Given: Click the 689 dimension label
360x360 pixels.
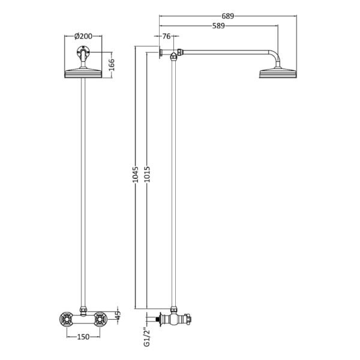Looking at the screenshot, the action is coord(227,16).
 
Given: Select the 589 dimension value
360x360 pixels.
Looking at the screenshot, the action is coord(218,26).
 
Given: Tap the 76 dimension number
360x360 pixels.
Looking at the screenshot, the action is coord(166,36).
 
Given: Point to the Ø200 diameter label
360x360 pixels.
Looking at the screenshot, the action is coord(83,36).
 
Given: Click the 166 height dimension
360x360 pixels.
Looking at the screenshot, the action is coord(111,65).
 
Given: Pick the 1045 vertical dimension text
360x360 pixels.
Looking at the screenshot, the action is coord(136,175).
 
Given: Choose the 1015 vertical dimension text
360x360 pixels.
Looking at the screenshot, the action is coord(147,175).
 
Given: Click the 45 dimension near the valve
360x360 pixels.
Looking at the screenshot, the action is coord(118,316).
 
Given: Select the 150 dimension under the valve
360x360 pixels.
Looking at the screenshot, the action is coord(83,337).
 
